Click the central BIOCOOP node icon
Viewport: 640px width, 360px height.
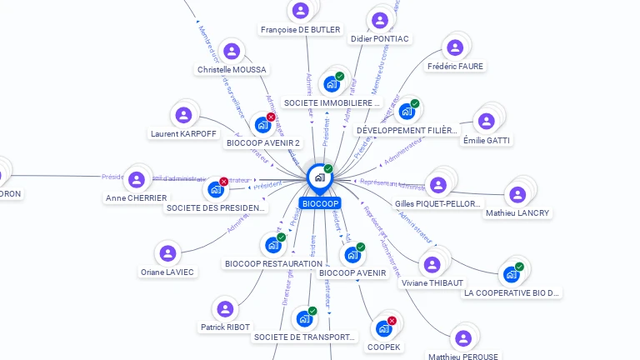(x=319, y=177)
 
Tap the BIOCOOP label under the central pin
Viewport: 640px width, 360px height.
(x=321, y=203)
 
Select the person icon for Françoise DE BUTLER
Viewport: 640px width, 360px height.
(x=300, y=11)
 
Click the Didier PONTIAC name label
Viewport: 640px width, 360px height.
(x=379, y=39)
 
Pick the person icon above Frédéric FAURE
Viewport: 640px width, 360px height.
(x=454, y=47)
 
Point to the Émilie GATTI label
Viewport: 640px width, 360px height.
(x=487, y=140)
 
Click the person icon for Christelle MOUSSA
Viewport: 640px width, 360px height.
(x=232, y=51)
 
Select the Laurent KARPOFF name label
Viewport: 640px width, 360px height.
(x=183, y=133)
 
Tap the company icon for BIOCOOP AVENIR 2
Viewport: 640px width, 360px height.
(x=262, y=126)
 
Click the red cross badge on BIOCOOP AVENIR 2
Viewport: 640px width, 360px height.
(x=271, y=117)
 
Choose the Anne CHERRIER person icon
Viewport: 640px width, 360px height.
(x=135, y=177)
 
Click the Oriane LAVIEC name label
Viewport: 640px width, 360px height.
(x=167, y=272)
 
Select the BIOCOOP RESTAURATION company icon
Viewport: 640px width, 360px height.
(x=272, y=245)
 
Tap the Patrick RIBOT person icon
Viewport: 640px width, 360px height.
(x=225, y=308)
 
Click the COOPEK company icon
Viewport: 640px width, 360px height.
(x=383, y=328)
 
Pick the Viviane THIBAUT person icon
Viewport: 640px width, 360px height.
(x=432, y=264)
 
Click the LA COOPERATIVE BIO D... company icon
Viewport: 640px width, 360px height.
(x=512, y=274)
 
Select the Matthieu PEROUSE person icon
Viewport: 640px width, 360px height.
(x=463, y=338)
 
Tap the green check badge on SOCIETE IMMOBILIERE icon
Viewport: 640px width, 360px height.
(x=340, y=76)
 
